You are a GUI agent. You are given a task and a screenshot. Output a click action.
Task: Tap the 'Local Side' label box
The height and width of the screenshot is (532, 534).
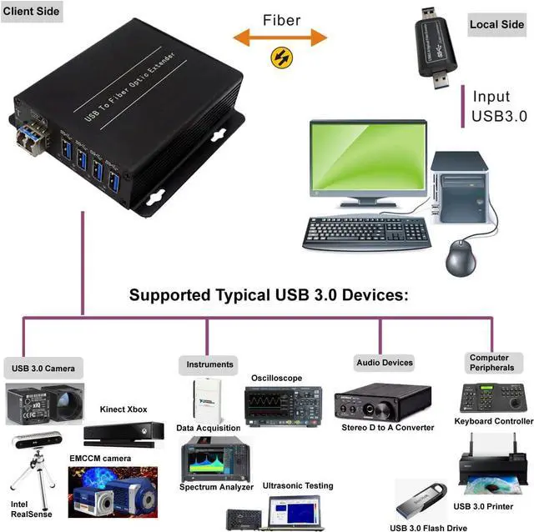click(x=496, y=24)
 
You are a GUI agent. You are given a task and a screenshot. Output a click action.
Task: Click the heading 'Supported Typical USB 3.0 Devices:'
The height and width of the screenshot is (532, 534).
click(x=268, y=295)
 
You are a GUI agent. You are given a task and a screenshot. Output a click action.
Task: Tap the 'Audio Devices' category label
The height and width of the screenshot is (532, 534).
click(x=385, y=362)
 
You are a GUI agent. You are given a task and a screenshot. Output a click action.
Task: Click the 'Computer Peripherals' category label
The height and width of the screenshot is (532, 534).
click(x=489, y=363)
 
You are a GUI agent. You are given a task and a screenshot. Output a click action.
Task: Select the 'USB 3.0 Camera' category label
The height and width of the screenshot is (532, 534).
click(x=43, y=368)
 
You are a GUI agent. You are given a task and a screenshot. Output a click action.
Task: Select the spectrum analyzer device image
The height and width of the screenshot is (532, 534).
click(x=215, y=459)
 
